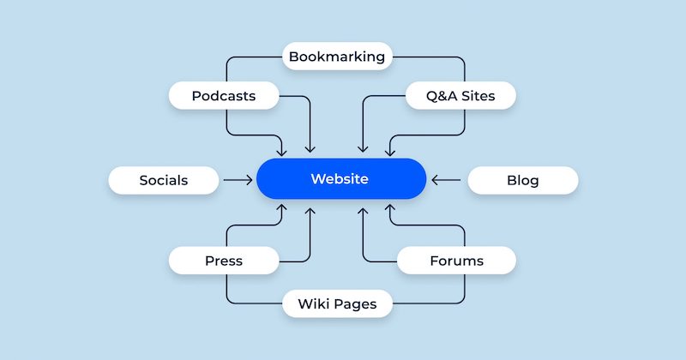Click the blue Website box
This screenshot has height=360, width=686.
(341, 179)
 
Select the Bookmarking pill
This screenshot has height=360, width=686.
(338, 57)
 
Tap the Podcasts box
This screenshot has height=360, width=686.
(224, 95)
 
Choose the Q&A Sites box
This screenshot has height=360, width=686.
(460, 95)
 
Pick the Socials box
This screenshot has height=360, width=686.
(163, 180)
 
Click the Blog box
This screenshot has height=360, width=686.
(522, 180)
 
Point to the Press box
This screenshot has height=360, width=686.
(224, 261)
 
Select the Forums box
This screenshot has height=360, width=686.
(456, 261)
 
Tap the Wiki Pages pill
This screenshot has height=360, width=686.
(338, 303)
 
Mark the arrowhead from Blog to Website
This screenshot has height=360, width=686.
(434, 180)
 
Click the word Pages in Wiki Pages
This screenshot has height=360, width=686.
(356, 303)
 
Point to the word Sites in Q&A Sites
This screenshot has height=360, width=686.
(478, 95)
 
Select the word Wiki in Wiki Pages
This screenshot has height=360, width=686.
(313, 303)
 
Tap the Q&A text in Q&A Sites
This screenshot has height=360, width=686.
(441, 95)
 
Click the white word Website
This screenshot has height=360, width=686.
(340, 179)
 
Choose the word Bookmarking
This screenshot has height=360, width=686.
(338, 57)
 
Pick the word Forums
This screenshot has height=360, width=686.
(456, 261)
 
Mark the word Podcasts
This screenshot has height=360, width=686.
(224, 95)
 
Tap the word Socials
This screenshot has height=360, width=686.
(163, 180)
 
